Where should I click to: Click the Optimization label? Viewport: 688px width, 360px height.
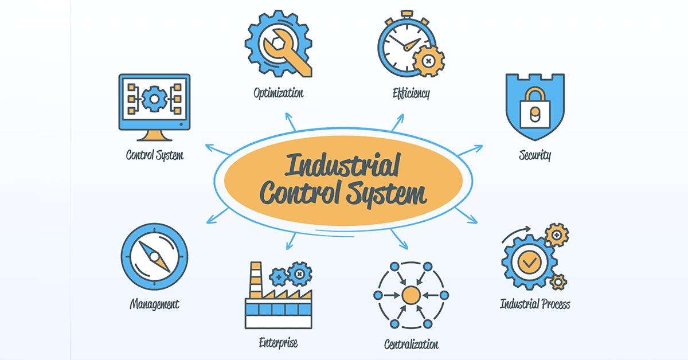pos(278,92)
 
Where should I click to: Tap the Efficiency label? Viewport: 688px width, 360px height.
pos(411,92)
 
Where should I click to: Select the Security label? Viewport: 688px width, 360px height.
pos(534,155)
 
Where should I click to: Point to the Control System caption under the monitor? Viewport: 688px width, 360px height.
pos(155,155)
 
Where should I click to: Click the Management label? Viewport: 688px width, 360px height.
pos(154,304)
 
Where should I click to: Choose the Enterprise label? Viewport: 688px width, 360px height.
pos(278,343)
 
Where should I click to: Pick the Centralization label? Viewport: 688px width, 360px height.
pos(411,344)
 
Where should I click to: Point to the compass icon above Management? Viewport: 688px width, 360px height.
pos(154,256)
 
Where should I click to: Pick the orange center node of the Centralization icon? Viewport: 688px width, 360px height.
pos(411,295)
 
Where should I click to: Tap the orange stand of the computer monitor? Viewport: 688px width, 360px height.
pos(154,135)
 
